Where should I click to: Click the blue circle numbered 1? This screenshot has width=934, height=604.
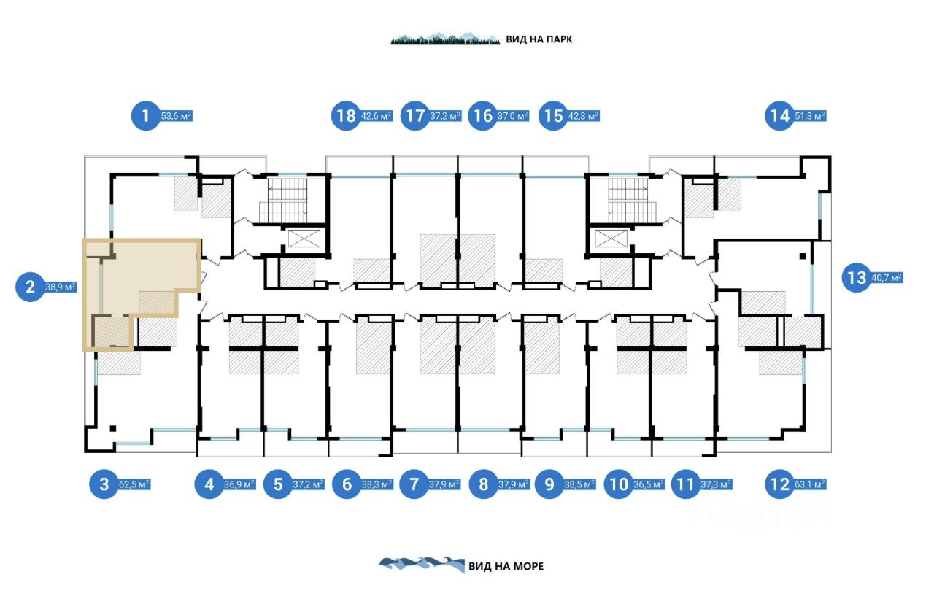[145, 115]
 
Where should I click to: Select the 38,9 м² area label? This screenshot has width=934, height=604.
[61, 287]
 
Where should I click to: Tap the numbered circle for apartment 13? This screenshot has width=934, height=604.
[855, 277]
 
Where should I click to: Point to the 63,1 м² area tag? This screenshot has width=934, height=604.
[810, 484]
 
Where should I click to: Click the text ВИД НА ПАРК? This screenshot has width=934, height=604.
[539, 39]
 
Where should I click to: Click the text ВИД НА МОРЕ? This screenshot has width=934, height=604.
[506, 566]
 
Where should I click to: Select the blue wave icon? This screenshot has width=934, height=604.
[422, 565]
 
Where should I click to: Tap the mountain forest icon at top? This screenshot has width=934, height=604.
[445, 38]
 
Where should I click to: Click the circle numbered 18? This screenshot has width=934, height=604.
[346, 115]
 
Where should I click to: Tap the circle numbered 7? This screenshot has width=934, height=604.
[414, 484]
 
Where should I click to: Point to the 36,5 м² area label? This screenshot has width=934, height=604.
[648, 484]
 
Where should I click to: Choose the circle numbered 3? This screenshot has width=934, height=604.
[104, 484]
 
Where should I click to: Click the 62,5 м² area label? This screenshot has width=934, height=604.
[134, 484]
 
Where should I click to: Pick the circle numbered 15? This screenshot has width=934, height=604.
[554, 115]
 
